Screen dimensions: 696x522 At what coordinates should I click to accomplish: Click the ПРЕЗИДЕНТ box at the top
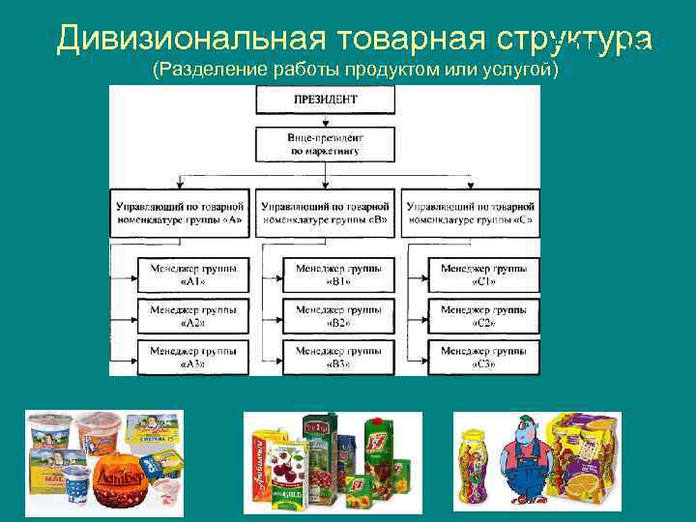325,100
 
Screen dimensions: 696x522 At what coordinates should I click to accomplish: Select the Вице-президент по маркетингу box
325,145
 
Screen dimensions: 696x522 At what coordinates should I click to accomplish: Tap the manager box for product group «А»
180,213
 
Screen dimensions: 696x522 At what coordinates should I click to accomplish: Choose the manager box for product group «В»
325,213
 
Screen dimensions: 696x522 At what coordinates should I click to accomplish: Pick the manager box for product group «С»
470,213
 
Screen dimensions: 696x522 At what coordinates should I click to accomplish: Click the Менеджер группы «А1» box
191,274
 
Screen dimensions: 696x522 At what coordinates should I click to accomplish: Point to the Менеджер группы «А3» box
191,357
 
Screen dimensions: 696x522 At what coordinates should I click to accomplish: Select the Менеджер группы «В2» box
338,315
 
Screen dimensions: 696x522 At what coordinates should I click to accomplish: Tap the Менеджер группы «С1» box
483,274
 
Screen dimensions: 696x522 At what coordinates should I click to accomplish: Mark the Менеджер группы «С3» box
483,357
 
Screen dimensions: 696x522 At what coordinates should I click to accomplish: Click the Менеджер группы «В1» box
338,274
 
